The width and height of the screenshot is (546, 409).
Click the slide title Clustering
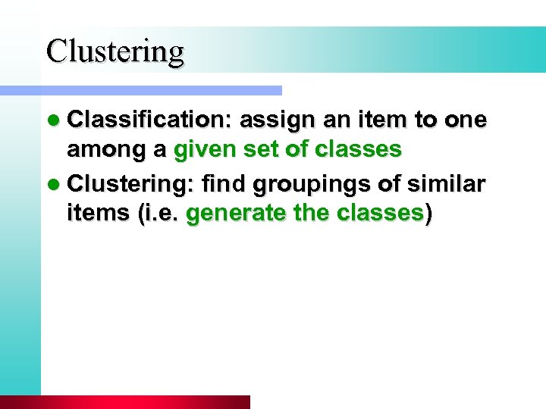click(115, 52)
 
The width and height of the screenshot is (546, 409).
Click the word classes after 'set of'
click(358, 150)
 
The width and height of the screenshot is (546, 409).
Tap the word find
click(227, 183)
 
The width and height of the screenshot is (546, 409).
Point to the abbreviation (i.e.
click(158, 214)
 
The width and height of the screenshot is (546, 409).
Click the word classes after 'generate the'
click(378, 214)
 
